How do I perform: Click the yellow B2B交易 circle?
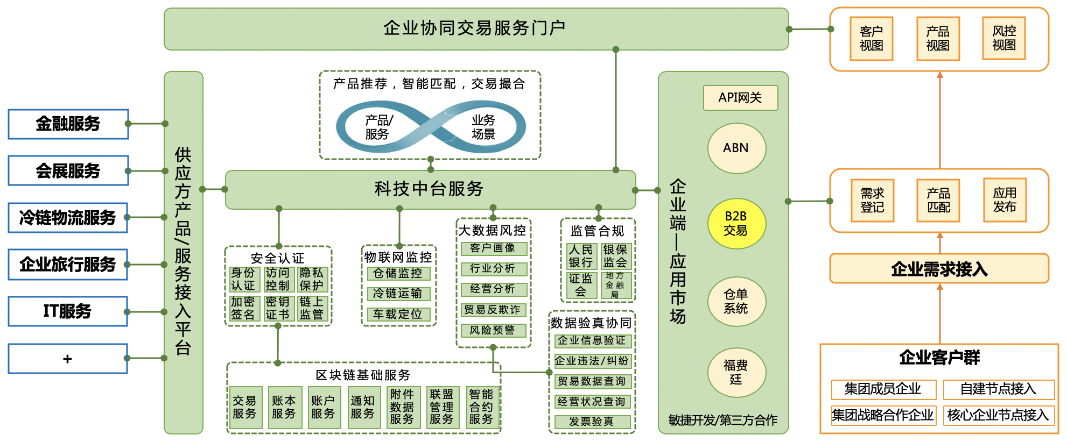coord(736,224)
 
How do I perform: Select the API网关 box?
coord(740,98)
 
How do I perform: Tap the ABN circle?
coord(736,148)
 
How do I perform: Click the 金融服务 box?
coord(68,124)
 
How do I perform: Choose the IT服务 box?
coord(68,311)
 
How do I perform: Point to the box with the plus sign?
coord(68,359)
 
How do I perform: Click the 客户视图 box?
coord(871,39)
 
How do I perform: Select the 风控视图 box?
coord(1004,38)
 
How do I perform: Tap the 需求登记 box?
coord(872,201)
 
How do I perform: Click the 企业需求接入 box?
coord(939,269)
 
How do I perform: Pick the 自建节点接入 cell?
coord(998,389)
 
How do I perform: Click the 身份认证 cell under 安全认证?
coord(243,280)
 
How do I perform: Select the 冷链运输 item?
coord(398,294)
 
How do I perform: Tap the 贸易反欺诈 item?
coord(493,310)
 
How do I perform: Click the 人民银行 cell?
coord(581,256)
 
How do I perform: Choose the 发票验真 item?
coord(592,422)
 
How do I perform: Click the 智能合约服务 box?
coord(481,408)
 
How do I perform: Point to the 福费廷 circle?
coord(736,373)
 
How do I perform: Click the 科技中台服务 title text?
coord(429,189)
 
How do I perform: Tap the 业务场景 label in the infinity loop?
coord(483,127)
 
